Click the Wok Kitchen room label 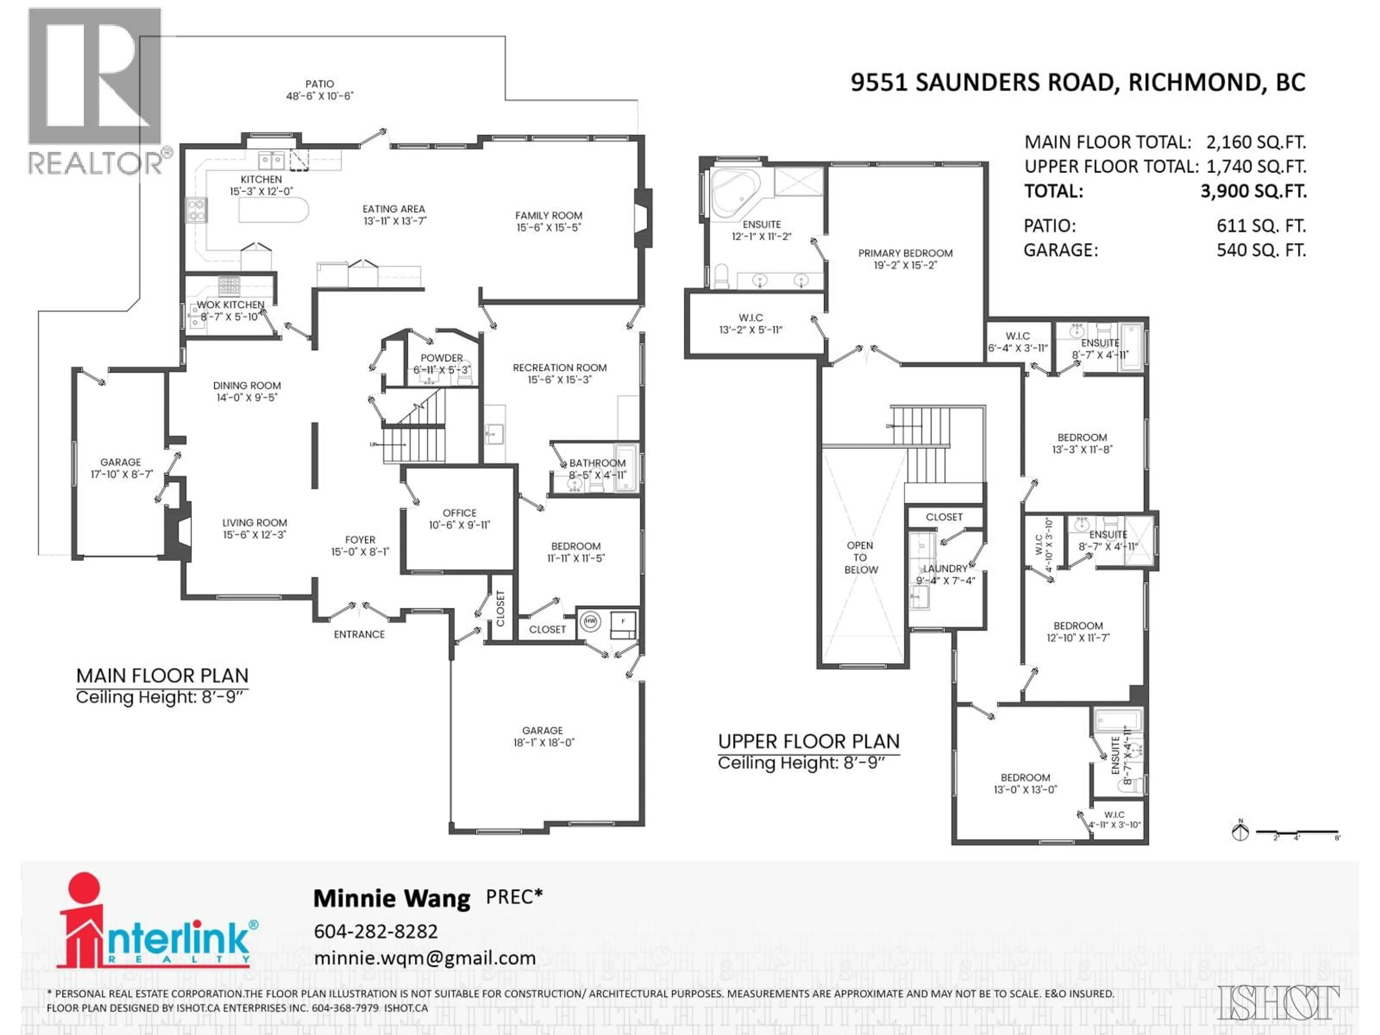coord(230,304)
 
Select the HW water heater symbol coord(590,621)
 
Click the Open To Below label coord(860,557)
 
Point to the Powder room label coord(442,358)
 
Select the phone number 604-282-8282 coord(376,931)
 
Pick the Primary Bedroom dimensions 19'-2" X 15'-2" coord(905,265)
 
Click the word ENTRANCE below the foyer coord(359,634)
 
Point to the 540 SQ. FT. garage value coord(1261,250)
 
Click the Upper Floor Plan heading coord(809,741)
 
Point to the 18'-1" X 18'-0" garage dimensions coord(542,742)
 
